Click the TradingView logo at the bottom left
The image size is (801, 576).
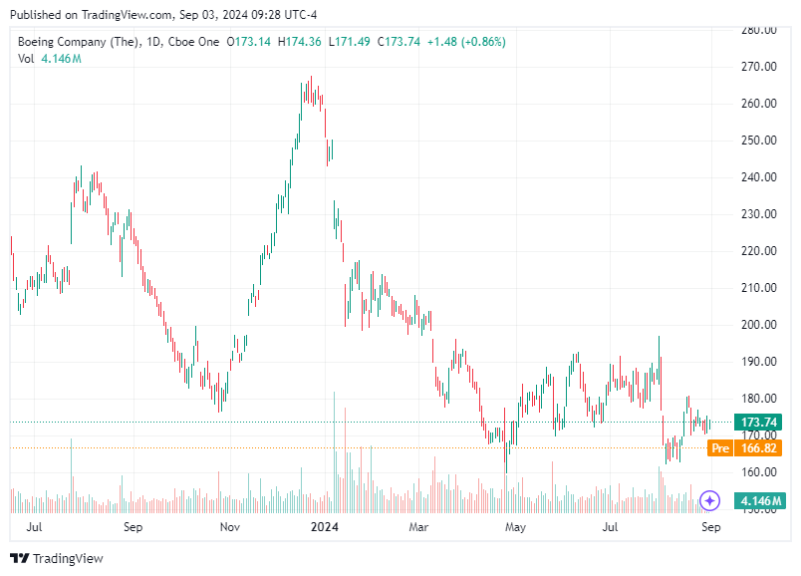tap(57, 558)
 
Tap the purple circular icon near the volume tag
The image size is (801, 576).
tap(709, 500)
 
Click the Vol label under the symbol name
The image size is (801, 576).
tap(26, 59)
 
